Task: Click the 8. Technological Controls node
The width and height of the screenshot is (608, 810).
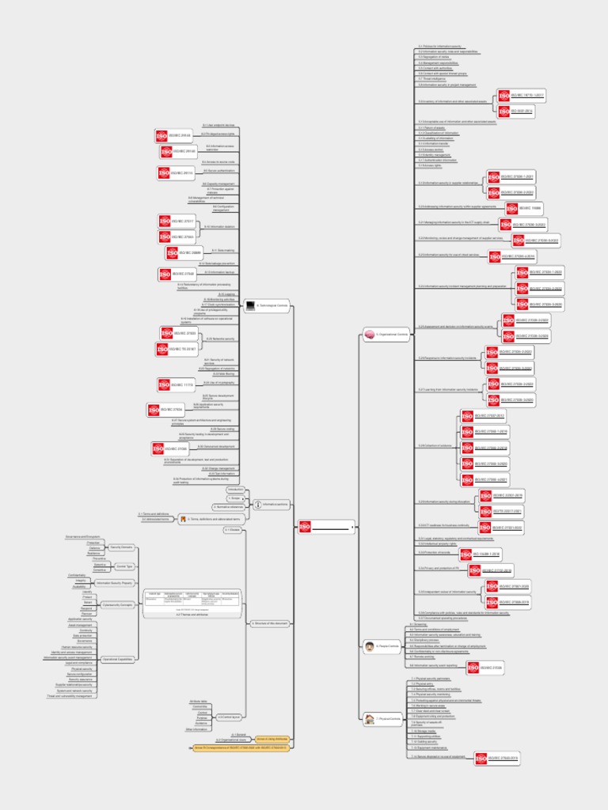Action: [x=269, y=305]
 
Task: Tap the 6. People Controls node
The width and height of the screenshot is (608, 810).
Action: [x=386, y=646]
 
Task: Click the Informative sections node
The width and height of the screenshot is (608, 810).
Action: [x=272, y=504]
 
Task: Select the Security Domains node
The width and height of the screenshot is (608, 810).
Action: [x=120, y=547]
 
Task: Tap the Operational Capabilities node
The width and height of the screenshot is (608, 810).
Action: [x=117, y=659]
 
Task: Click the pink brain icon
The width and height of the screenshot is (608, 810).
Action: [x=369, y=335]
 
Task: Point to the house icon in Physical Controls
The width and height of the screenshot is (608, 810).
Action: [x=370, y=719]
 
